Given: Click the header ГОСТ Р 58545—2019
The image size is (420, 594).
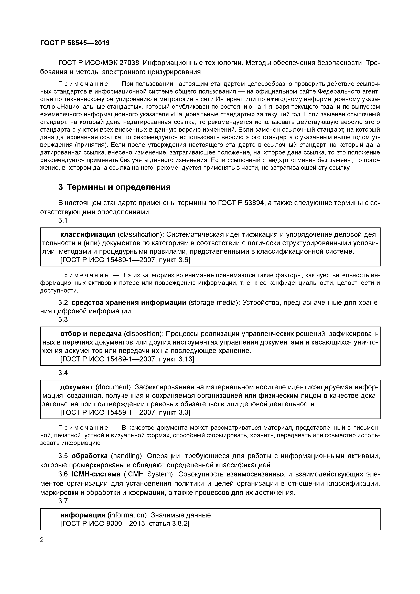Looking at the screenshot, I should coord(75,43).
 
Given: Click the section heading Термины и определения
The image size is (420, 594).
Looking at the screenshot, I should coord(119,187).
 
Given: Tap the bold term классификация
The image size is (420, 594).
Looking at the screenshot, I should coord(88,234).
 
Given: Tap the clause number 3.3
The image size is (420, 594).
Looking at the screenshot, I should coord(63,319).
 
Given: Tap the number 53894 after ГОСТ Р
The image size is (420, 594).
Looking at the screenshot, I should coord(251,203).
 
